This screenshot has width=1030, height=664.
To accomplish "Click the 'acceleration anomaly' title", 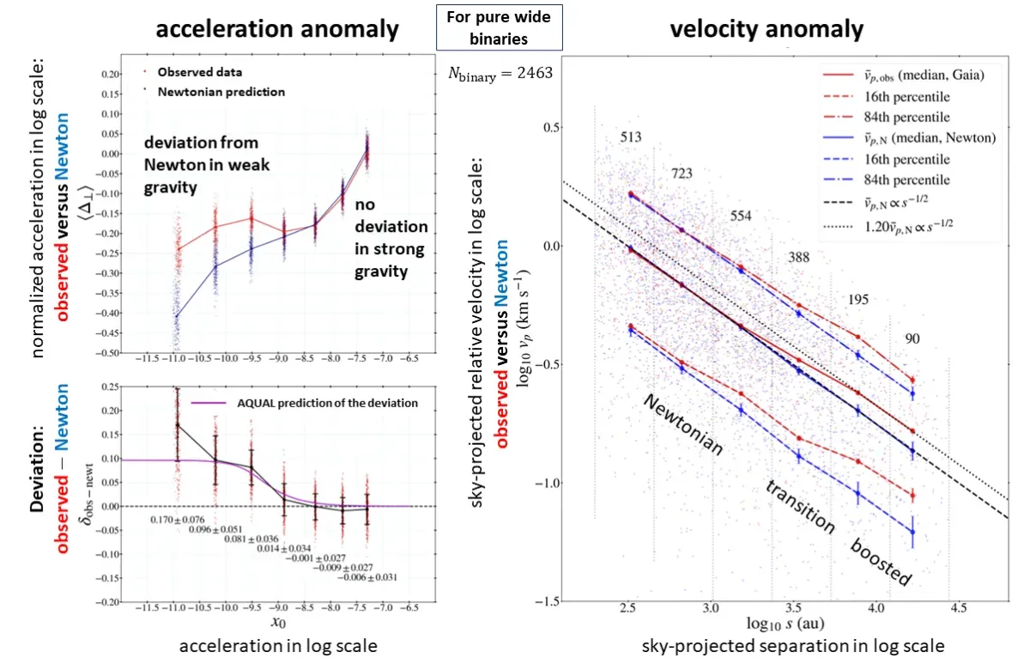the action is click(x=276, y=29).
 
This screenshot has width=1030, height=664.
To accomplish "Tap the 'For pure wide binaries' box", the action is click(x=499, y=27).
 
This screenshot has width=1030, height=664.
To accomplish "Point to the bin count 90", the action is click(x=912, y=339).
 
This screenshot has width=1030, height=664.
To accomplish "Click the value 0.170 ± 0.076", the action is click(x=178, y=520).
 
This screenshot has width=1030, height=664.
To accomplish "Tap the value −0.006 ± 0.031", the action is click(x=367, y=576).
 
